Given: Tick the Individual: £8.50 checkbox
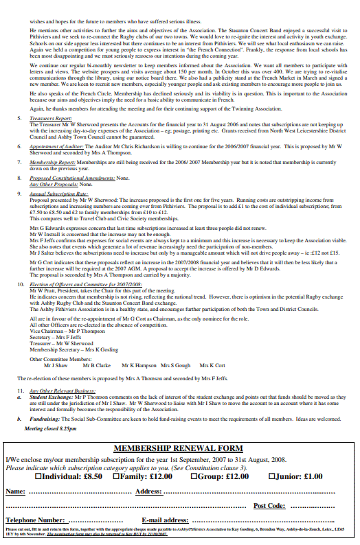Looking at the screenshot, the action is point(38,476).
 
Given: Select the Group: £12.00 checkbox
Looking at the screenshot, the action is point(194,476).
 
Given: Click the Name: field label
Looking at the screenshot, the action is point(16,491).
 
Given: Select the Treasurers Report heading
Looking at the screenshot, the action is point(51,118).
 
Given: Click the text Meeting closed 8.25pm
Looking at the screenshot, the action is point(50,428).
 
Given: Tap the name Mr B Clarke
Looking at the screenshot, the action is point(97,366).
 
